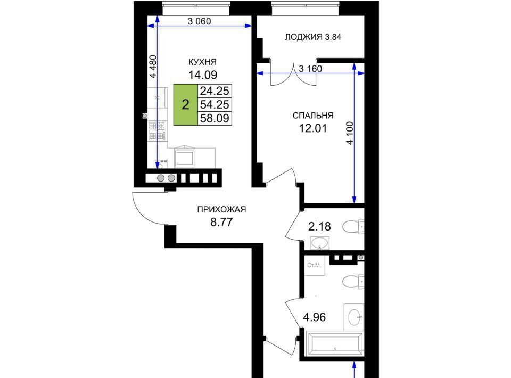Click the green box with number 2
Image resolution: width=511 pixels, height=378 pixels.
185,104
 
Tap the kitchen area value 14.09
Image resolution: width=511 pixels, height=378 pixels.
203,75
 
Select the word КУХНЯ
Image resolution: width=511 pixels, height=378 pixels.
203,62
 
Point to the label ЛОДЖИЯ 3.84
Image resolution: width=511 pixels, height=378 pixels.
313,37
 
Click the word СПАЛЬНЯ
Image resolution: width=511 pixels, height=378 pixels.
313,116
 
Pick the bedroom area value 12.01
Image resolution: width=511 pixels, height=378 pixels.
313,128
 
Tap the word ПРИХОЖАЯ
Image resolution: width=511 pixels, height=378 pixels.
221,210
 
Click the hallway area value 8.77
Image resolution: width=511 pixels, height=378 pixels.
221,222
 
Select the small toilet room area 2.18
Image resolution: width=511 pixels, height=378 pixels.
320,226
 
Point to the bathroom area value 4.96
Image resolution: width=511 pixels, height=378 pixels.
315,317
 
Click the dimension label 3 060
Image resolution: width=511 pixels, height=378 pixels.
200,21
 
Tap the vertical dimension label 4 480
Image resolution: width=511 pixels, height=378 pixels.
153,67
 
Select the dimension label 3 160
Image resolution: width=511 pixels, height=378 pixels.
310,69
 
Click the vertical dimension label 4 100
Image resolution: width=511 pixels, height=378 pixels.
350,133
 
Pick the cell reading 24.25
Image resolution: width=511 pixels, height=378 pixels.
215,91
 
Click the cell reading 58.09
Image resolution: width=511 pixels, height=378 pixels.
215,118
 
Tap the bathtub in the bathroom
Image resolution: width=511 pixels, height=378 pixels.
335,344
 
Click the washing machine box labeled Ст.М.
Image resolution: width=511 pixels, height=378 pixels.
314,266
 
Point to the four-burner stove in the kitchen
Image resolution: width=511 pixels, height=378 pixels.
158,131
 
